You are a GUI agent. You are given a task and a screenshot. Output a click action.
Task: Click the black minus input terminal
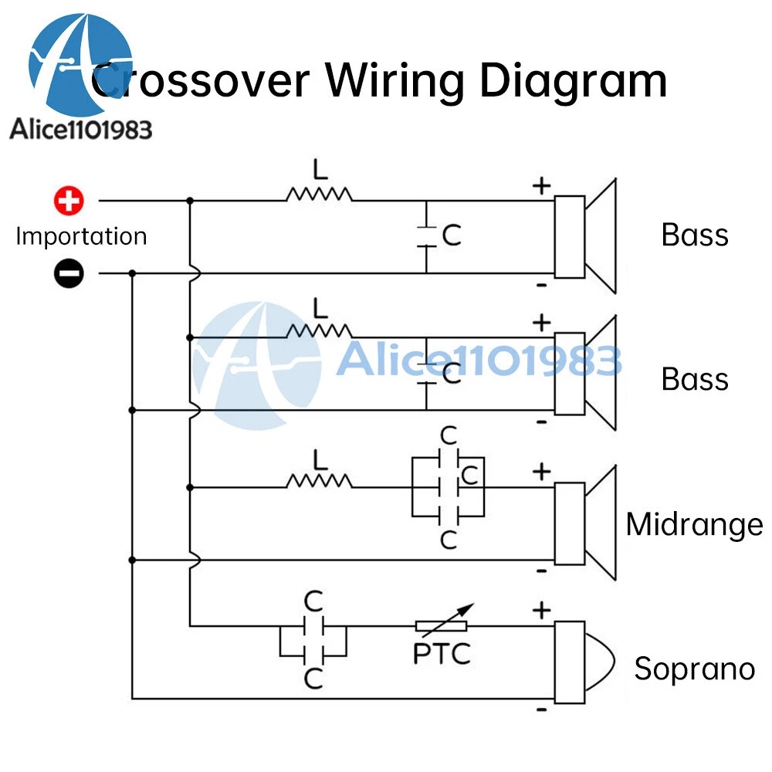click(69, 273)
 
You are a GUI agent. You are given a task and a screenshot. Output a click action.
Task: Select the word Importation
click(81, 236)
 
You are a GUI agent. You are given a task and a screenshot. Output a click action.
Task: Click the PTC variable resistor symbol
click(442, 626)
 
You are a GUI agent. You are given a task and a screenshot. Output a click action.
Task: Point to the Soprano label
click(694, 669)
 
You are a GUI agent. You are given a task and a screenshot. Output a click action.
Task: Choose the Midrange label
click(694, 525)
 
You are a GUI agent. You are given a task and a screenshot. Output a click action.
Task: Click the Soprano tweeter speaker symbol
click(583, 662)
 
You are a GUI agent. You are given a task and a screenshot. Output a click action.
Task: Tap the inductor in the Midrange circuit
click(319, 482)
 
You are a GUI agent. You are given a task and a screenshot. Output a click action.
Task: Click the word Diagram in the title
click(573, 80)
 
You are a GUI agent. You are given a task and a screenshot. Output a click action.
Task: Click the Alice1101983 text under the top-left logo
click(81, 129)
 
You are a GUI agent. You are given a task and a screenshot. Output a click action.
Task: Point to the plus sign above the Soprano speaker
click(542, 610)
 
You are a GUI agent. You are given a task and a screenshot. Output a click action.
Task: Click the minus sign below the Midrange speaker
click(542, 571)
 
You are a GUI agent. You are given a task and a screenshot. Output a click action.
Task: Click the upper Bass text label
click(694, 235)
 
